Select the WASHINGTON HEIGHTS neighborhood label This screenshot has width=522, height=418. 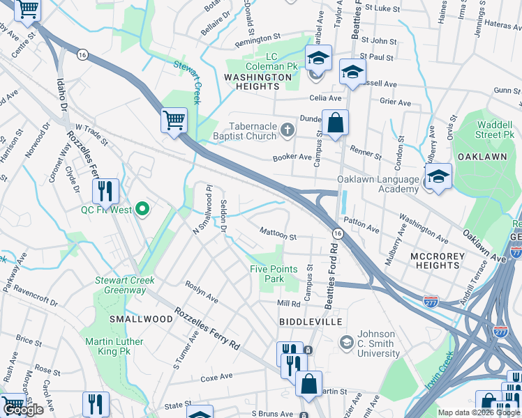pos(258,82)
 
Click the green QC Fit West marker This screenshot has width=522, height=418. pos(143,208)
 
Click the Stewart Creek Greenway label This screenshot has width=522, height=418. pos(125,286)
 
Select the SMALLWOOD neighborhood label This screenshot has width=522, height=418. pos(141,318)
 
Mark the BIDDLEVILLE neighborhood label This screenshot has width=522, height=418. pos(311,322)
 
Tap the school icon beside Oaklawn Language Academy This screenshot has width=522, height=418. pos(438,176)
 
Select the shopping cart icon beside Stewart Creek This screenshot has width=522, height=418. pos(174,119)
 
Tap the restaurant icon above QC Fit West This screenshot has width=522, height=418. pos(105,190)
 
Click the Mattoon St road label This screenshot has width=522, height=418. pos(278,237)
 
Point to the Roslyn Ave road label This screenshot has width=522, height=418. pos(202,293)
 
